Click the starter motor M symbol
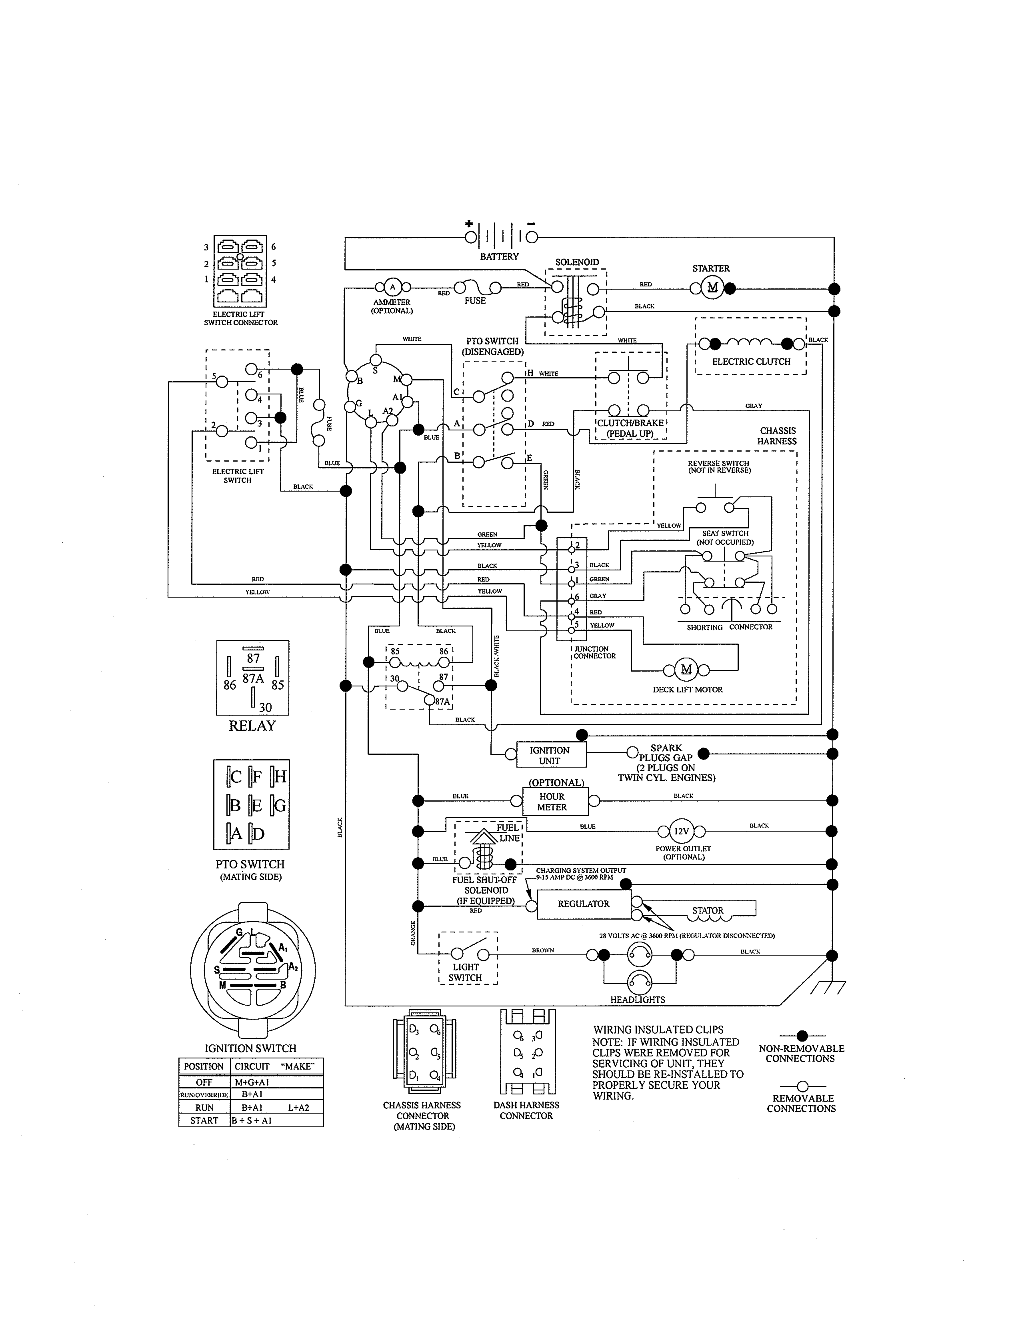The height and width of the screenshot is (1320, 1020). pyautogui.click(x=712, y=288)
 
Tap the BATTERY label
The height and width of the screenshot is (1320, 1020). pyautogui.click(x=499, y=257)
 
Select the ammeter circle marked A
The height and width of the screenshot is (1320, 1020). pyautogui.click(x=392, y=287)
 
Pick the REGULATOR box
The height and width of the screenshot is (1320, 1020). pyautogui.click(x=583, y=904)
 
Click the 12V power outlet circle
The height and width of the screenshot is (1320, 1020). pyautogui.click(x=681, y=831)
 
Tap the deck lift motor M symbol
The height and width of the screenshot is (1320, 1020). pyautogui.click(x=686, y=669)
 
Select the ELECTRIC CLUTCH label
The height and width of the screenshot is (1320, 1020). pyautogui.click(x=751, y=362)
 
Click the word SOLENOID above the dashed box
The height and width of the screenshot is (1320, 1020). pyautogui.click(x=577, y=262)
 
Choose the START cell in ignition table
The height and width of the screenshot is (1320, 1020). pyautogui.click(x=204, y=1120)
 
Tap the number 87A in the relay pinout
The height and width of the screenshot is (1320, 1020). pyautogui.click(x=253, y=678)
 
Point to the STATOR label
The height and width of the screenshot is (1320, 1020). pyautogui.click(x=708, y=910)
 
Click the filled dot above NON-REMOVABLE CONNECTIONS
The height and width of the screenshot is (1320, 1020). pyautogui.click(x=802, y=1036)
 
